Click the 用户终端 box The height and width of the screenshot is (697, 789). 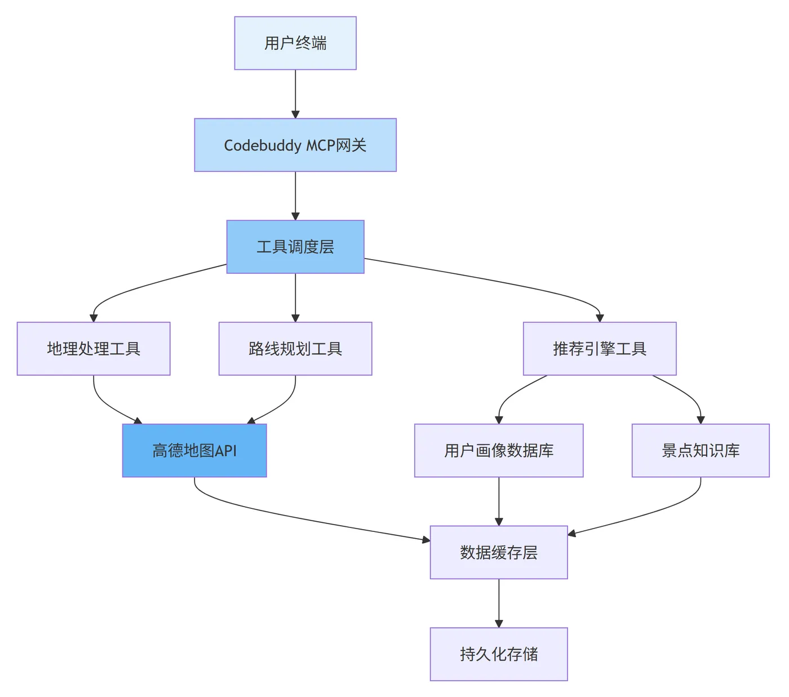295,43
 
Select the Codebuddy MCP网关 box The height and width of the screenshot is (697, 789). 295,145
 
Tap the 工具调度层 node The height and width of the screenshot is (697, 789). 295,247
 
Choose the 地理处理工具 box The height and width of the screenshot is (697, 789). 94,349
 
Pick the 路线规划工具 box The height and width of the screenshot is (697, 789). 295,349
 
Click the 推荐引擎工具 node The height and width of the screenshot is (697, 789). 600,349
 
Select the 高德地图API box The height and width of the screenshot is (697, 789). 194,451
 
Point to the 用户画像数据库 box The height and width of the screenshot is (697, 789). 499,451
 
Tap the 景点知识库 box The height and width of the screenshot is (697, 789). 701,451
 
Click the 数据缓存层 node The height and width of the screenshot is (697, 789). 499,553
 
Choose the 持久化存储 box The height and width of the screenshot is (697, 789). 499,654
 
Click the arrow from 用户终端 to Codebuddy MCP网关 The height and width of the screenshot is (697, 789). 295,93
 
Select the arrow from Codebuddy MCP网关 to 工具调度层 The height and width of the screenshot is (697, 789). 295,195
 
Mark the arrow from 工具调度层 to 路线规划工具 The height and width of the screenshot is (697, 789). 295,297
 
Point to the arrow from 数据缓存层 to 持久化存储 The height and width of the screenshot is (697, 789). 499,602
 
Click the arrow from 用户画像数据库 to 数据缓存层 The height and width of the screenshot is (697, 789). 499,500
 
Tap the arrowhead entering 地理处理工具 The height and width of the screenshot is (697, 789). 94,318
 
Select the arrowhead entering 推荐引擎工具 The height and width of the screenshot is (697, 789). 600,318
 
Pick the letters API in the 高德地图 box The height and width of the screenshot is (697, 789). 225,451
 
